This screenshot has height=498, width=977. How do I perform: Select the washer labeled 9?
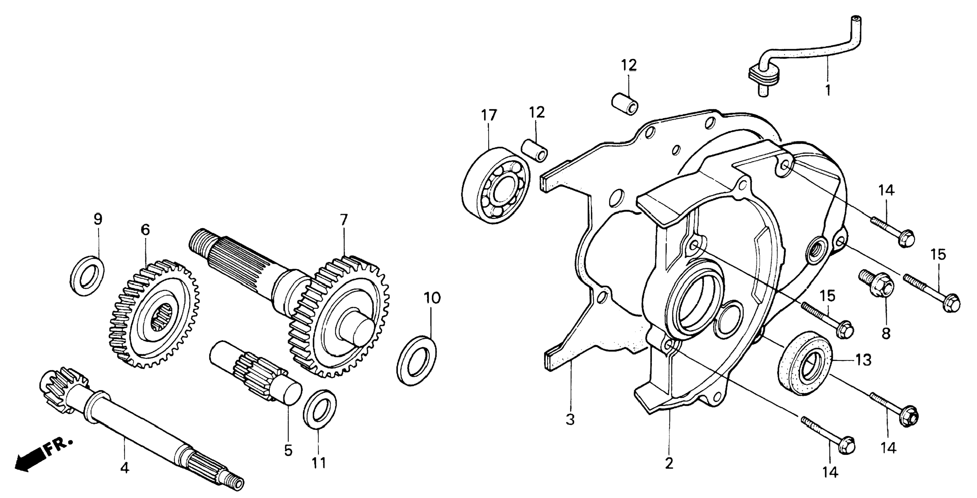(x=88, y=275)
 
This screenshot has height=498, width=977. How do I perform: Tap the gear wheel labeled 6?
(x=154, y=313)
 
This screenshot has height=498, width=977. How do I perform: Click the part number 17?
(x=489, y=115)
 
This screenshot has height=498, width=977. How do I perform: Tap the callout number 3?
(x=570, y=419)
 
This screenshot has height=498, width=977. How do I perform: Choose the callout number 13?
(x=863, y=360)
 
